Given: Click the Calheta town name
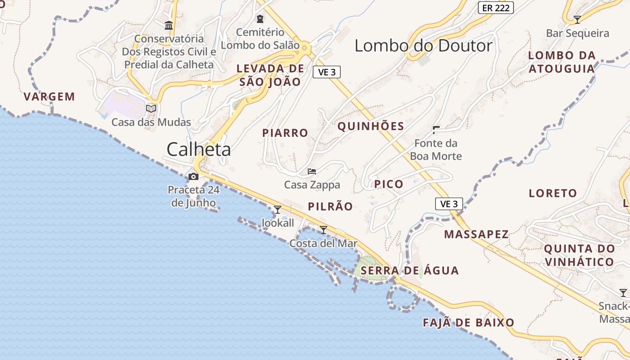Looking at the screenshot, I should pos(198,149).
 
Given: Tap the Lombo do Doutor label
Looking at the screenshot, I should pos(423,46).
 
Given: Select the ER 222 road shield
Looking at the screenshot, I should pos(495,8).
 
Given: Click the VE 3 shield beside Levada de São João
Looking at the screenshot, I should pos(327,72).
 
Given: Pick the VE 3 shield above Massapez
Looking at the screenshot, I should pos(449,204).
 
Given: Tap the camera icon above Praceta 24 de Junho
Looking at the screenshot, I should pos(194,176).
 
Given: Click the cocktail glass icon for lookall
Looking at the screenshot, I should pos(278,209).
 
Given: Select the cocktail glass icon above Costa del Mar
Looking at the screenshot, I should pos(323,230).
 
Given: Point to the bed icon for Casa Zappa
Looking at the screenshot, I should pos(312,171).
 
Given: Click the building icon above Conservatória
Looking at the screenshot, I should pos(169,25).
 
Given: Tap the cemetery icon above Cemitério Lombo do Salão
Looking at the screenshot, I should pos(260,19).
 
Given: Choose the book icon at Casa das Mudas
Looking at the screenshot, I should pos(151,108).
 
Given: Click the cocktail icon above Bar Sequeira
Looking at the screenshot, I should pos(577,20).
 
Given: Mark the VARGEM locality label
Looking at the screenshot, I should pos(49,97).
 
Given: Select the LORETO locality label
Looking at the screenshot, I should pos(553,193).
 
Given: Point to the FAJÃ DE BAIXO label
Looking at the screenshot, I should pos(468,323).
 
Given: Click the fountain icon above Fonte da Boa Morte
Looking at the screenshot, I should pos(436,130).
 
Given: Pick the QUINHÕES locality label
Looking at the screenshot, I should pos(371,126).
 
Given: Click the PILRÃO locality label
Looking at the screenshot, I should pos(330,207).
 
